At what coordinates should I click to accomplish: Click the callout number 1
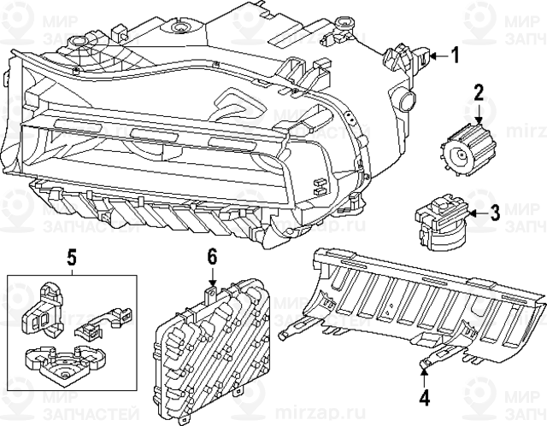(x=455, y=56)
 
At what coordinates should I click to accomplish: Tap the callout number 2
(x=479, y=91)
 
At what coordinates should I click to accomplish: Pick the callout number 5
(x=72, y=254)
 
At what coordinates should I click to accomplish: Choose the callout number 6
(x=212, y=254)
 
